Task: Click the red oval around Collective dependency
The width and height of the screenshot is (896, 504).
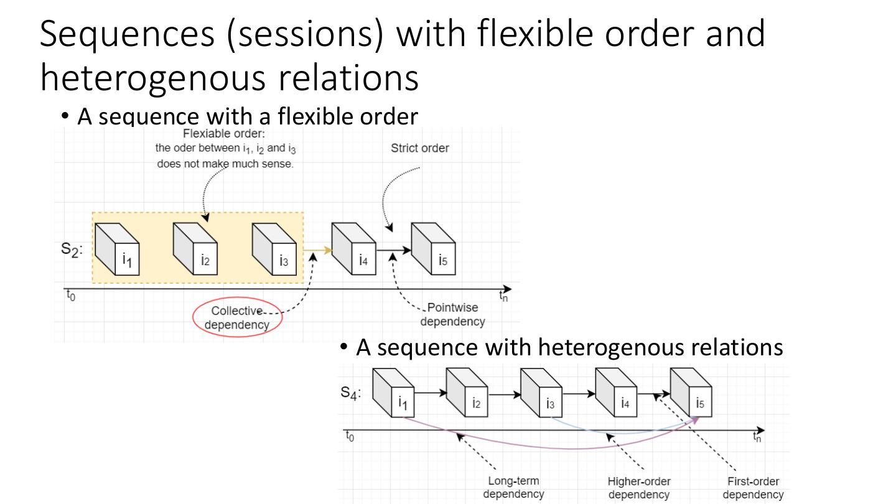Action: point(194,317)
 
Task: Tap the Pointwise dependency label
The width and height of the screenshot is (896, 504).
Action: point(452,314)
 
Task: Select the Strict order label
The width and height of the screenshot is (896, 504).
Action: point(419,148)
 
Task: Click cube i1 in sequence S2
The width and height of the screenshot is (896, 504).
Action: point(117,249)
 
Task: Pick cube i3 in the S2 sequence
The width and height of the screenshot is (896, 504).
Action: point(274,249)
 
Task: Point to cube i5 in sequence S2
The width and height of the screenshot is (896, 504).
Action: point(433,249)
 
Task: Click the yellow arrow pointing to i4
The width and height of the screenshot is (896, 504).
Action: point(317,250)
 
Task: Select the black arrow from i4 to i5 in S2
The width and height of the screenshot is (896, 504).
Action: point(394,250)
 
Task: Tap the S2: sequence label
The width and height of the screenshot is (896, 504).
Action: point(72,249)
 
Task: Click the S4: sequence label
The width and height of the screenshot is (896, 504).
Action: point(350,393)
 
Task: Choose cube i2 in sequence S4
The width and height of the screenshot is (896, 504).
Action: point(467,393)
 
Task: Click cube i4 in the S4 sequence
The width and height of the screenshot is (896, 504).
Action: point(616,393)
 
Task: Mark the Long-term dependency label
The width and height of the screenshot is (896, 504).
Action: point(513,487)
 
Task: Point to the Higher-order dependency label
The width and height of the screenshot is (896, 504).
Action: point(639,488)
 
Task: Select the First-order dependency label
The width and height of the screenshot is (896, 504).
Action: point(753,488)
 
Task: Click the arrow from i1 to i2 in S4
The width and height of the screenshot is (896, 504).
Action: point(431,393)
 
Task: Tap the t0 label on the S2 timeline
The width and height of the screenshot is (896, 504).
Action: point(71,296)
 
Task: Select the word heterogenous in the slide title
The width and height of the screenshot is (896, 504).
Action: point(153,78)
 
